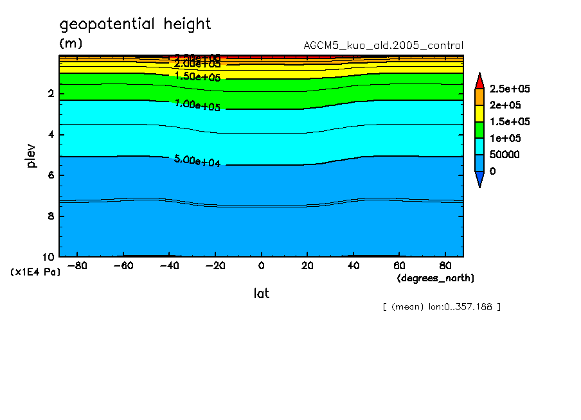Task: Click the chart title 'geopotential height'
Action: coord(135,24)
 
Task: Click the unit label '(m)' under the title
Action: coord(71,44)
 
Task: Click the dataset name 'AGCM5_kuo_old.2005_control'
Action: coord(383,46)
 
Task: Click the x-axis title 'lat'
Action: coord(261,293)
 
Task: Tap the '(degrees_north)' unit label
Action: coord(436,278)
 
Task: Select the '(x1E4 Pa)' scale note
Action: coord(35,272)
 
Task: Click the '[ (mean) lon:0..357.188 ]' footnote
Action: coord(441,306)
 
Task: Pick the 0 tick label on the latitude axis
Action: coord(261,266)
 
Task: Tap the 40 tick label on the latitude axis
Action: coord(352,266)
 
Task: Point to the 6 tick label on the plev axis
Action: coord(51,175)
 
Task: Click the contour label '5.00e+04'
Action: coord(197,161)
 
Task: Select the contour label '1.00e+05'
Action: coord(197,105)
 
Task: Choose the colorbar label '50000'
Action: coord(505,155)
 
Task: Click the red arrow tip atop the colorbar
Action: coord(479,79)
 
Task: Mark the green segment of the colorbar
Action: coord(479,130)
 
